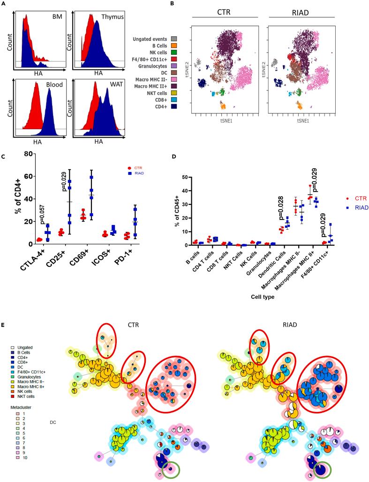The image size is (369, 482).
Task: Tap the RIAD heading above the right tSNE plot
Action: [301, 11]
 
